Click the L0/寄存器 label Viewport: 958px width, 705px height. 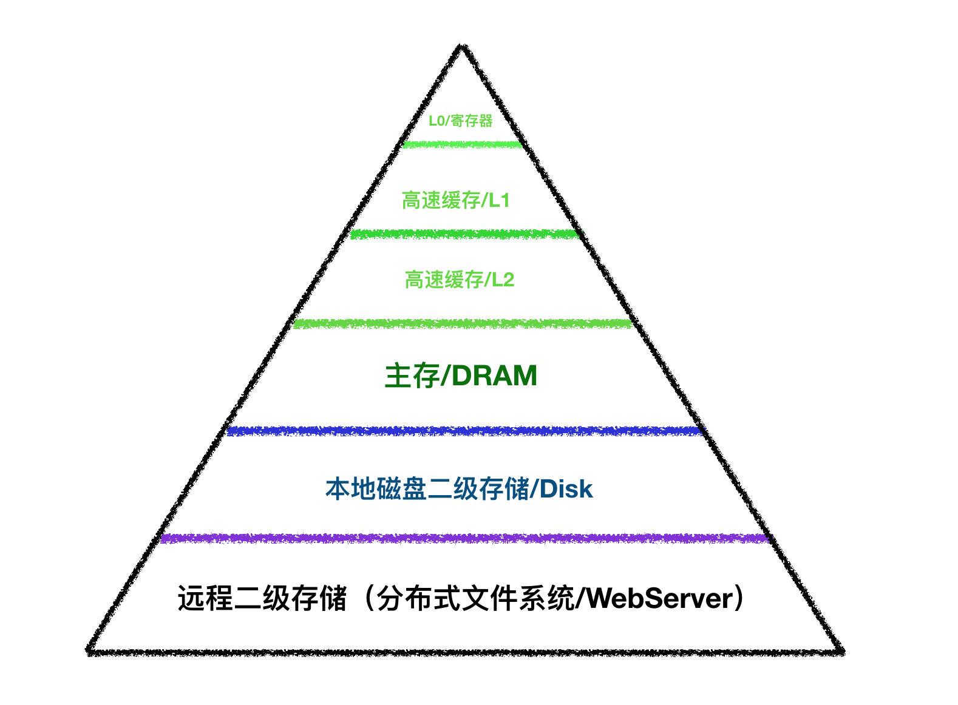pyautogui.click(x=460, y=121)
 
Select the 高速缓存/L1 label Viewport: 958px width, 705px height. pyautogui.click(x=455, y=200)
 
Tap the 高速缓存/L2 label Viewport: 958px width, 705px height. pyautogui.click(x=459, y=280)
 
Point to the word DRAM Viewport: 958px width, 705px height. pyautogui.click(x=494, y=376)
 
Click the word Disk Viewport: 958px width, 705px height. pyautogui.click(x=566, y=489)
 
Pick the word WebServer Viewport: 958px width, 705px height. pyautogui.click(x=661, y=598)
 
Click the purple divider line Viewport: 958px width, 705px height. pyautogui.click(x=464, y=538)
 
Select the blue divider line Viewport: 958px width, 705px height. pyautogui.click(x=464, y=431)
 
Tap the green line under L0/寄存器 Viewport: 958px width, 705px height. pyautogui.click(x=462, y=144)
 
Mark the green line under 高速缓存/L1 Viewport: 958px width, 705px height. pyautogui.click(x=464, y=234)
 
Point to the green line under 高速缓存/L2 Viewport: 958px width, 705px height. pyautogui.click(x=463, y=323)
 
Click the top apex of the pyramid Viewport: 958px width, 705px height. pyautogui.click(x=462, y=47)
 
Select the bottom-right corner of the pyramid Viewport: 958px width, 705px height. pyautogui.click(x=841, y=651)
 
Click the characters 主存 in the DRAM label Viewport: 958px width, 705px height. pyautogui.click(x=412, y=376)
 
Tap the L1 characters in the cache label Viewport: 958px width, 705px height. pyautogui.click(x=500, y=200)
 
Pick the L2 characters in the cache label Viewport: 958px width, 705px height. pyautogui.click(x=503, y=280)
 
